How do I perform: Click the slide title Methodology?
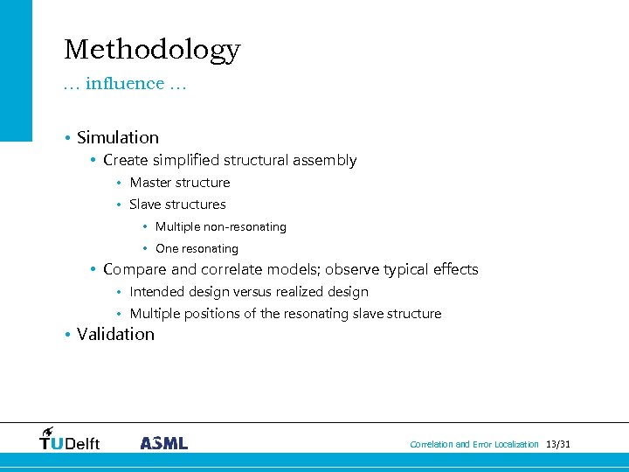pos(152,50)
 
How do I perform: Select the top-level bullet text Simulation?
pos(118,138)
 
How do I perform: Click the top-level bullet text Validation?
pos(115,335)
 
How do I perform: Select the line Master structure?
pos(179,183)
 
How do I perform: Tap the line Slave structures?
pos(177,205)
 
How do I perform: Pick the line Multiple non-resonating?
pos(220,227)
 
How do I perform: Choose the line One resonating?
pos(197,249)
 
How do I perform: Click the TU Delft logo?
pos(69,440)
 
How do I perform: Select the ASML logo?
pos(163,443)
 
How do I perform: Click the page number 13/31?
pos(557,445)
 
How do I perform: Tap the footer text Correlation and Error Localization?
pos(474,445)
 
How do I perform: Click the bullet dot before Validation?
pos(66,335)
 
